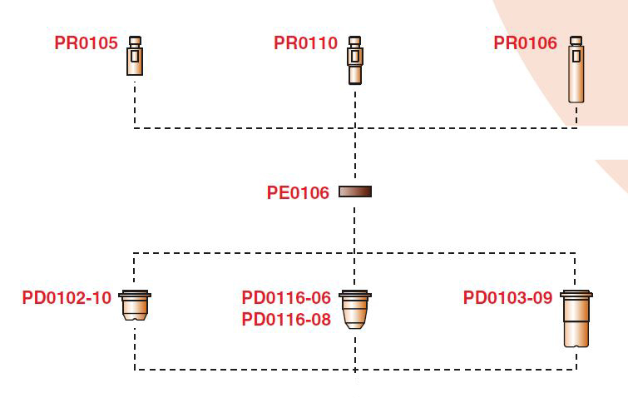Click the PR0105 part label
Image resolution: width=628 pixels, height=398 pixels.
pos(87,42)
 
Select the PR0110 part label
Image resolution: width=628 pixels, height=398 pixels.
pos(305,42)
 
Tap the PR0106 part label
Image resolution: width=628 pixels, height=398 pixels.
pos(526,42)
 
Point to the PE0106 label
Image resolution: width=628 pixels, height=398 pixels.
pos(298,193)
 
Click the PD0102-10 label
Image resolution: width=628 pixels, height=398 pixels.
pos(67,298)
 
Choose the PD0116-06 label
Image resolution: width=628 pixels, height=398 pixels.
pos(286,298)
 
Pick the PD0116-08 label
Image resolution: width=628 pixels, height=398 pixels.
pos(286,319)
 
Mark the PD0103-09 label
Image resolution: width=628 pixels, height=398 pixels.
pos(507,298)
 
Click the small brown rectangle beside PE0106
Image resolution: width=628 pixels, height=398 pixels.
pos(355,192)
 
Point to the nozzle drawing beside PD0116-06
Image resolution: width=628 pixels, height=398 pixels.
pos(355,310)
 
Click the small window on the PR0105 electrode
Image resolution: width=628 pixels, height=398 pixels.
pos(135,57)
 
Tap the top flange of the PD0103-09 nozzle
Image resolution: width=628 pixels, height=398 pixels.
pos(576,294)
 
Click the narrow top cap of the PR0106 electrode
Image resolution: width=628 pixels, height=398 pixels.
pos(575,40)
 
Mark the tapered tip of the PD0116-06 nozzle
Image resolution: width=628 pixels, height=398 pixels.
pos(355,323)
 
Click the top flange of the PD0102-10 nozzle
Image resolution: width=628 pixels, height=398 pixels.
pos(135,294)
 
